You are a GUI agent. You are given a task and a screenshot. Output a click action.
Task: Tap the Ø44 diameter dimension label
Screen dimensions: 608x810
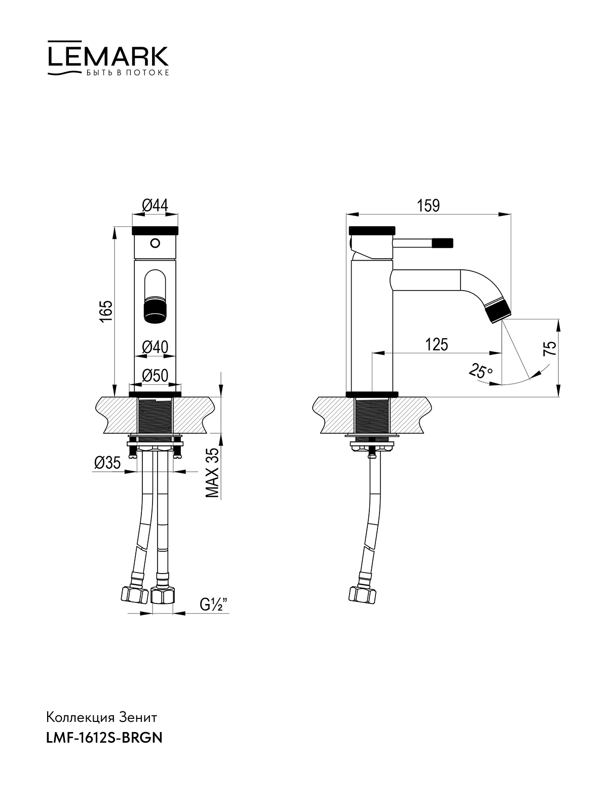(155, 206)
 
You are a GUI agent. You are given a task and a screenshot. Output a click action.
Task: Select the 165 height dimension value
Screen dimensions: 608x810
(107, 311)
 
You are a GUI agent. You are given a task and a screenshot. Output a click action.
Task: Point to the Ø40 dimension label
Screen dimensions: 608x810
(155, 347)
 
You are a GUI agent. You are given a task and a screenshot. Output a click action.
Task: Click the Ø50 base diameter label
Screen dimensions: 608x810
(155, 376)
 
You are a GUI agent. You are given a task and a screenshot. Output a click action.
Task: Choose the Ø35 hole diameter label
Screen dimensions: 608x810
(107, 463)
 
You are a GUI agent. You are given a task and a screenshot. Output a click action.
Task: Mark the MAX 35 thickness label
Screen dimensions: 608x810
(212, 473)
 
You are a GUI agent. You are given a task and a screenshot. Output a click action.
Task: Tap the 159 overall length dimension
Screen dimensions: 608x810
(428, 206)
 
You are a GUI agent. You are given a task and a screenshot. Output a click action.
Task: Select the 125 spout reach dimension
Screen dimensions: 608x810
(437, 345)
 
